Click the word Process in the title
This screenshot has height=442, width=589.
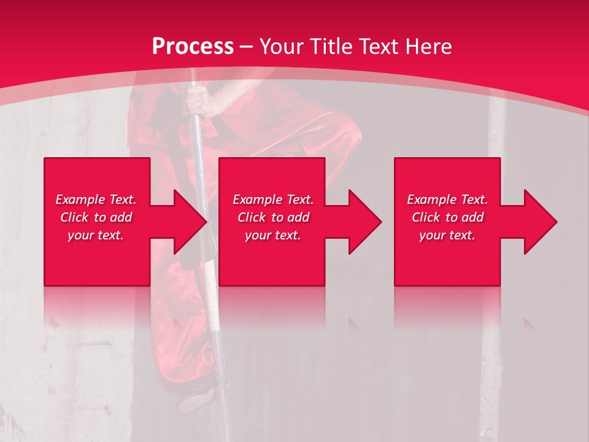tap(193, 47)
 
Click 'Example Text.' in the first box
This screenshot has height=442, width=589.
tap(96, 200)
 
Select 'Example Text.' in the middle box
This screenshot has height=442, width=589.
tap(273, 200)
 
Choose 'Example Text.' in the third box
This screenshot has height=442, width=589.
tap(447, 200)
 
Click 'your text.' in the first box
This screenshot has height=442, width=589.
tap(96, 235)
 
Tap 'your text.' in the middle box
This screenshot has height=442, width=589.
tap(273, 235)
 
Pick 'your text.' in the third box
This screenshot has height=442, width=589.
tap(447, 235)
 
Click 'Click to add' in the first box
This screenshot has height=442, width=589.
tap(96, 217)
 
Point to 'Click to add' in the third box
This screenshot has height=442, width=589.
tap(447, 217)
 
